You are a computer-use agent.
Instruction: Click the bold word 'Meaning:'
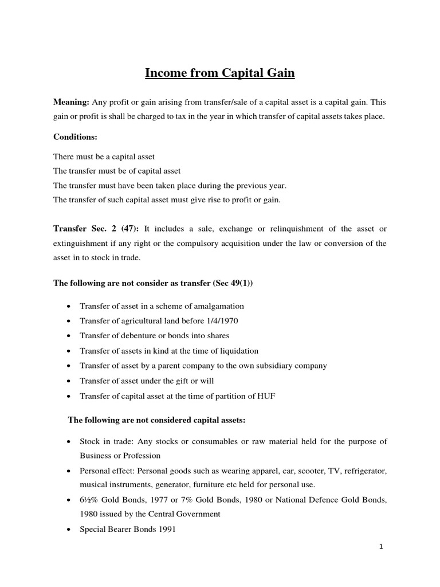tap(71, 102)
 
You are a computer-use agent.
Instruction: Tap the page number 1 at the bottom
tap(381, 547)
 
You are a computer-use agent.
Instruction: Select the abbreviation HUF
tap(265, 396)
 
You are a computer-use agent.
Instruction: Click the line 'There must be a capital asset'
tap(104, 156)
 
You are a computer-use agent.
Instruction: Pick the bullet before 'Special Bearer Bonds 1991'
tap(69, 530)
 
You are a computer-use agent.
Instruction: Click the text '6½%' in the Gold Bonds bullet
tap(89, 500)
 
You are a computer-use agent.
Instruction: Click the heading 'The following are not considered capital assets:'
tap(156, 420)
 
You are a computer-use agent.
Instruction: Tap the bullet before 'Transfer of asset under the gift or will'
tap(69, 381)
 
